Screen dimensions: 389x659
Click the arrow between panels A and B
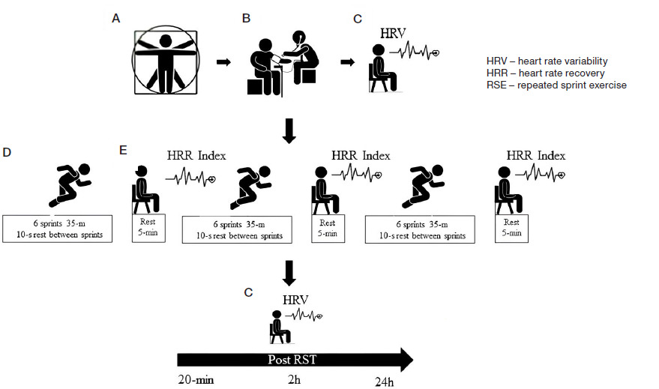click(223, 61)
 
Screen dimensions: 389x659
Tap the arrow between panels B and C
click(347, 61)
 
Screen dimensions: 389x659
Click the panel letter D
click(7, 153)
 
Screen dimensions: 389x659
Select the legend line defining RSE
click(556, 85)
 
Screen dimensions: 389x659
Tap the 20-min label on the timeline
click(196, 380)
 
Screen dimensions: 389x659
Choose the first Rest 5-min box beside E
click(148, 227)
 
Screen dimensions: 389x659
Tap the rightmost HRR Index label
click(535, 155)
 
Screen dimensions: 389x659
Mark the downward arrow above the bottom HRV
click(291, 271)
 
